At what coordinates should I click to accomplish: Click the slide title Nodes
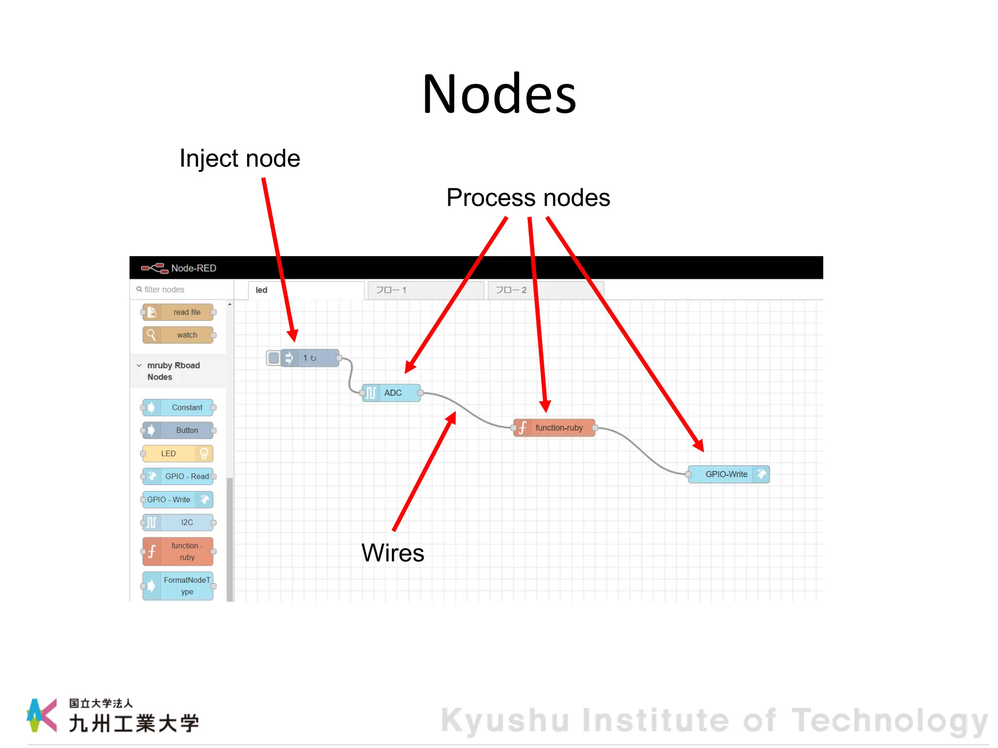tap(499, 94)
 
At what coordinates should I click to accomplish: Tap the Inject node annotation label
tap(240, 159)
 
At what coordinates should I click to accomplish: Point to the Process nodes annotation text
tap(528, 198)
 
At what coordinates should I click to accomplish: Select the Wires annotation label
tap(393, 553)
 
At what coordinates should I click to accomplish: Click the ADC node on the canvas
tap(392, 393)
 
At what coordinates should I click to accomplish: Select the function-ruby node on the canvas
tap(555, 428)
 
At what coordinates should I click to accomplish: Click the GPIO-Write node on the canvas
tap(728, 474)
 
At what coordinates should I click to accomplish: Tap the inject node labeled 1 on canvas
tap(310, 358)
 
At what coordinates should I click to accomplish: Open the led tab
tap(306, 290)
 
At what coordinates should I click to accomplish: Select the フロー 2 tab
tap(545, 290)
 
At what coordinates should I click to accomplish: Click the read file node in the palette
tap(178, 312)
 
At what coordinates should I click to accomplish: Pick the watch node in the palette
tap(178, 335)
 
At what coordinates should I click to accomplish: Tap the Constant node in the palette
tap(178, 408)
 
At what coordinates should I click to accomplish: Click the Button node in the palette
tap(178, 430)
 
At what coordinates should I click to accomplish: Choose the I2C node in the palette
tap(178, 523)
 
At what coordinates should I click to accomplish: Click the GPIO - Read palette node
tap(178, 476)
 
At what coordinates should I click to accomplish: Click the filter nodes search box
tap(181, 290)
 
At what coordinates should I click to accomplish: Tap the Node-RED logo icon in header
tap(154, 268)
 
